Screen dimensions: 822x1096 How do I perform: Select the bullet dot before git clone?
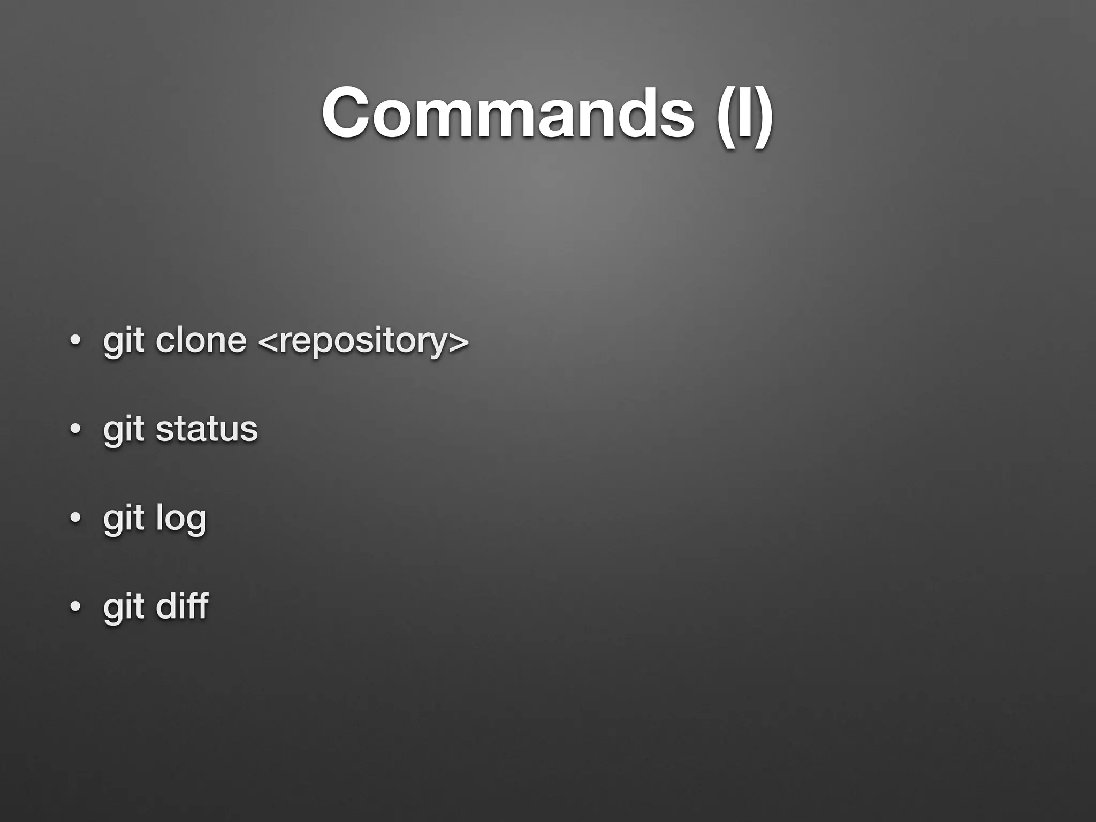coord(75,340)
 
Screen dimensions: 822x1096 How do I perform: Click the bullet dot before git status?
coord(75,429)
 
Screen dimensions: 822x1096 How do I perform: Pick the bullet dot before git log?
coord(75,518)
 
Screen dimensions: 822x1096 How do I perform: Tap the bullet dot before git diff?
coord(75,607)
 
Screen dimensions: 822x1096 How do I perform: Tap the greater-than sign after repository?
coord(460,341)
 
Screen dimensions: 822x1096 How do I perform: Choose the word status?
coord(207,429)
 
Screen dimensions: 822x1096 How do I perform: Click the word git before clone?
coord(124,341)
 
